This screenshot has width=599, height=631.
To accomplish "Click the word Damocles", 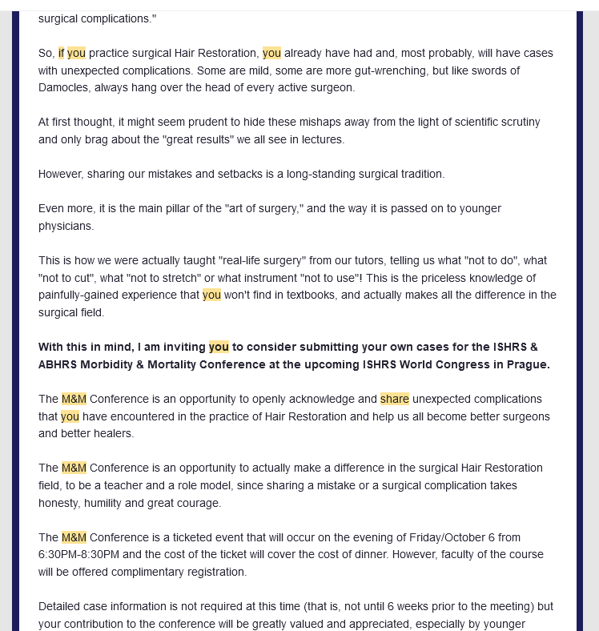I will pyautogui.click(x=65, y=87).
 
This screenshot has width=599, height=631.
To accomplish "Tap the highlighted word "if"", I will pyautogui.click(x=61, y=53).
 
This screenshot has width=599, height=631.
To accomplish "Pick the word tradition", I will pyautogui.click(x=419, y=174).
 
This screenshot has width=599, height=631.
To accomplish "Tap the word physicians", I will pyautogui.click(x=66, y=226).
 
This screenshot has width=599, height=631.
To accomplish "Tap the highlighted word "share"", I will pyautogui.click(x=395, y=399).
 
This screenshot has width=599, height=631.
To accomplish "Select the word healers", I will pyautogui.click(x=111, y=433).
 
